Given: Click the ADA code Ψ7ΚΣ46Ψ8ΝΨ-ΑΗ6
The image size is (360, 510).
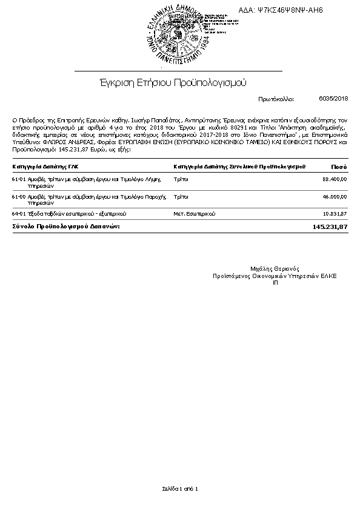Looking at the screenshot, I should click(290, 10).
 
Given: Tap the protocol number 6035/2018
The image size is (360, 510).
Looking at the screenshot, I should click(333, 98).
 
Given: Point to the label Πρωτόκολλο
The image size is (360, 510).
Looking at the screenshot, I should click(275, 98).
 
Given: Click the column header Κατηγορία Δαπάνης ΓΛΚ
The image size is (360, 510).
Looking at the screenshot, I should click(45, 166).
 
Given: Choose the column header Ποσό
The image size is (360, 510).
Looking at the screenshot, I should click(339, 166).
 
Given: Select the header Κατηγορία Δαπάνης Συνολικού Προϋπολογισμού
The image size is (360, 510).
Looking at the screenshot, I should click(239, 166).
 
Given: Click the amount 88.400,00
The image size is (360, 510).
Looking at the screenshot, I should click(335, 179).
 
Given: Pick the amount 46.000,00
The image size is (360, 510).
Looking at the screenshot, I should click(335, 197).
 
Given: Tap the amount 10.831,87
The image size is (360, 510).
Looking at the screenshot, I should click(335, 214).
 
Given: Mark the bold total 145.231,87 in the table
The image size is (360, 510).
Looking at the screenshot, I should click(330, 226).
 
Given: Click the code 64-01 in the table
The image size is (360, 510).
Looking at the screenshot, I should click(18, 214).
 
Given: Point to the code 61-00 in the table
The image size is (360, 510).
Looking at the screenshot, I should click(18, 197).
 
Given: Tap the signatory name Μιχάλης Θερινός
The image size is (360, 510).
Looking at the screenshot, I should click(275, 269).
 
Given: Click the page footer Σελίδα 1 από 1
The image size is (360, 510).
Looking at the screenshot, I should click(180, 488).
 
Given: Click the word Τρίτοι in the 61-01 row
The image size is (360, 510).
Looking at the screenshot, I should click(181, 179).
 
